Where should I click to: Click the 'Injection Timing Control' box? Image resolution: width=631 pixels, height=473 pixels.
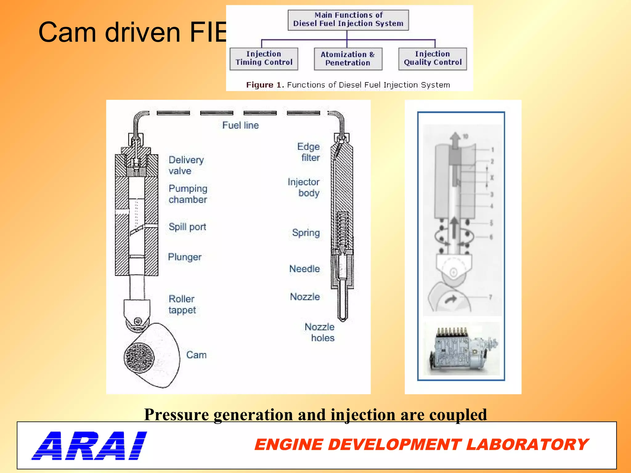[264, 59]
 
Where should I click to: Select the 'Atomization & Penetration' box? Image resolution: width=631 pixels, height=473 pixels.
[348, 59]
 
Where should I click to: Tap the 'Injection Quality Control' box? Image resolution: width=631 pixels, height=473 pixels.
[432, 59]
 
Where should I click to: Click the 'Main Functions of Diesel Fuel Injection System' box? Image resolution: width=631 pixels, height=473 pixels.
[348, 20]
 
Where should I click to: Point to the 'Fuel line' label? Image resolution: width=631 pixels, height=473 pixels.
[240, 125]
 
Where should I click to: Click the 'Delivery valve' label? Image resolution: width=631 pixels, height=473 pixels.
[186, 165]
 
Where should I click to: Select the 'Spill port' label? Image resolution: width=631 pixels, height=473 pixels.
[187, 227]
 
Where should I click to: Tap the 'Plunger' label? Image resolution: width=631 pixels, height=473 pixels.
[185, 257]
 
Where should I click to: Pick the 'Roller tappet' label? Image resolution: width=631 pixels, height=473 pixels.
[182, 305]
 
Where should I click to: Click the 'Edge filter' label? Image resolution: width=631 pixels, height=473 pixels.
[309, 152]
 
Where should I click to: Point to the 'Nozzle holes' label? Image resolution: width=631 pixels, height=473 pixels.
[320, 333]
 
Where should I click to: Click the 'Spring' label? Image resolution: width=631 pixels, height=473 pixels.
[306, 233]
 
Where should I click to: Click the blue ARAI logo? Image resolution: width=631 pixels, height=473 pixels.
[89, 446]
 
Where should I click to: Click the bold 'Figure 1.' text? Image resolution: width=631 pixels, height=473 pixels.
[265, 85]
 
